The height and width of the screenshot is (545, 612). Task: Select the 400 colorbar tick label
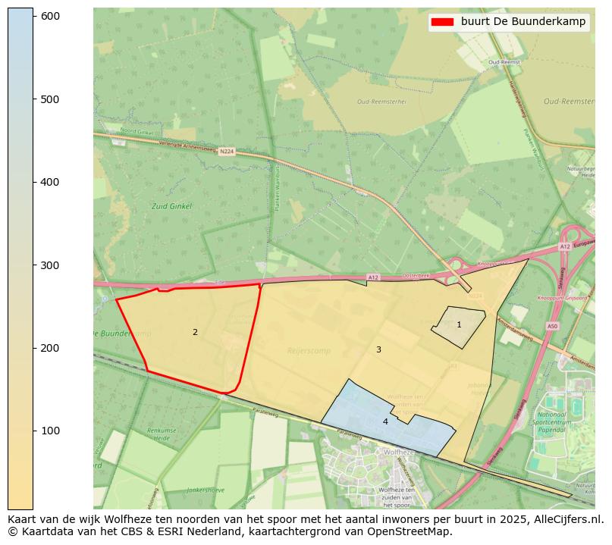(x=50, y=182)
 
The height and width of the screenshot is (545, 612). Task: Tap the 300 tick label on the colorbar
(x=50, y=265)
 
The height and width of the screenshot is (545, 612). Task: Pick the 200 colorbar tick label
(x=50, y=348)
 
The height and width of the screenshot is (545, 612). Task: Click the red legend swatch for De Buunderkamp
(x=442, y=22)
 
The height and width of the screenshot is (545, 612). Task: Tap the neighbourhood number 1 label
(x=459, y=324)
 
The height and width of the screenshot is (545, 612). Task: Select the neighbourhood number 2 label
(x=195, y=332)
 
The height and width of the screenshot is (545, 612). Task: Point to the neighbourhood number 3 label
(x=378, y=349)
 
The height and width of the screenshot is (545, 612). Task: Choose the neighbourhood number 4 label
(x=385, y=421)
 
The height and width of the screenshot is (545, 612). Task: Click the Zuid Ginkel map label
(x=171, y=206)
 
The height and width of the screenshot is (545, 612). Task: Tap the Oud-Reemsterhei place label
(x=381, y=102)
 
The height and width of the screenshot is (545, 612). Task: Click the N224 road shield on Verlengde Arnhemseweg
(x=227, y=152)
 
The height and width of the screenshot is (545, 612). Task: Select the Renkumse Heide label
(x=161, y=434)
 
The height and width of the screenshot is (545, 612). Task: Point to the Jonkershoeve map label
(x=205, y=490)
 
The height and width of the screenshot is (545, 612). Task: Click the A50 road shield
(x=552, y=326)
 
